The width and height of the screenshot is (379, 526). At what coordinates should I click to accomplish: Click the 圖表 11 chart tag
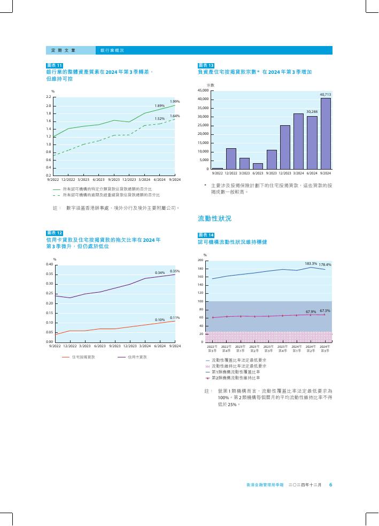55,65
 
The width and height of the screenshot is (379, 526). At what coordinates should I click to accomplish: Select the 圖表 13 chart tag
206,65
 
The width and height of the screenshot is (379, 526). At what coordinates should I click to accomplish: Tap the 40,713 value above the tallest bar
326,95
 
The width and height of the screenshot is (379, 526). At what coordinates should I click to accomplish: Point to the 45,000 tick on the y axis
204,91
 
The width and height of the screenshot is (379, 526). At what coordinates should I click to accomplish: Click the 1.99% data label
175,101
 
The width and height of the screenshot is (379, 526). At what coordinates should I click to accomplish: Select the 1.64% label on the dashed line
175,116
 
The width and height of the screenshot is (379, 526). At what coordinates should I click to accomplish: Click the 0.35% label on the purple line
174,271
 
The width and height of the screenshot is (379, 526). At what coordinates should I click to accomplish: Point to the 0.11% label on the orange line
174,318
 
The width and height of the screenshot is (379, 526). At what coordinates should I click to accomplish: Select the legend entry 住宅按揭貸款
83,356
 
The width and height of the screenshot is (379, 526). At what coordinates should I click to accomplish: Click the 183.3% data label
311,264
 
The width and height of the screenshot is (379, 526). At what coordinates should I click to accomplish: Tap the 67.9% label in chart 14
311,311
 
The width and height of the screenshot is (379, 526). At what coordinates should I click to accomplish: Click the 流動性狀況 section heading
214,219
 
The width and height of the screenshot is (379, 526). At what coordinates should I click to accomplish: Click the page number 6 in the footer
331,485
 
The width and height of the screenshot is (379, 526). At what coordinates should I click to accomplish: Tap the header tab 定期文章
63,50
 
